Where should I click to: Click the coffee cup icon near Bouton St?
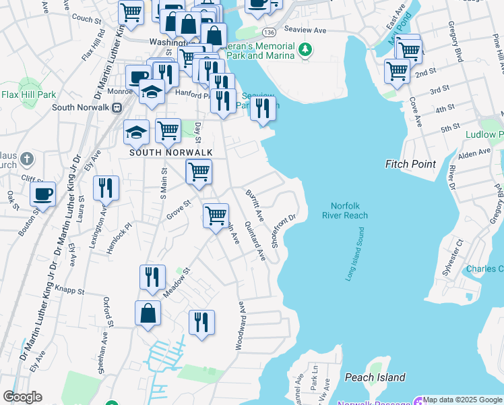pyautogui.click(x=43, y=194)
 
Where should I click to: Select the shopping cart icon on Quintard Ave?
pyautogui.click(x=216, y=216)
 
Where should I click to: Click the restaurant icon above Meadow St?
pyautogui.click(x=153, y=277)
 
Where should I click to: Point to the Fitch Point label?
pyautogui.click(x=410, y=164)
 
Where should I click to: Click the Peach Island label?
pyautogui.click(x=375, y=377)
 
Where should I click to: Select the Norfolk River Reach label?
pyautogui.click(x=349, y=211)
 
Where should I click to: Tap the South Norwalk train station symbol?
pyautogui.click(x=117, y=107)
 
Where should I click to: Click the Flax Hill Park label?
pyautogui.click(x=28, y=95)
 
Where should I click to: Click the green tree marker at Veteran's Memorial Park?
pyautogui.click(x=305, y=49)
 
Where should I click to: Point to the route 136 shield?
pyautogui.click(x=269, y=32)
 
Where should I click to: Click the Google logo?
pyautogui.click(x=22, y=397)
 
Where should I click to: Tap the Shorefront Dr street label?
pyautogui.click(x=284, y=231)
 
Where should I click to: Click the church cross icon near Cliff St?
pyautogui.click(x=26, y=160)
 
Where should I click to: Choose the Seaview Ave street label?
pyautogui.click(x=305, y=30)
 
